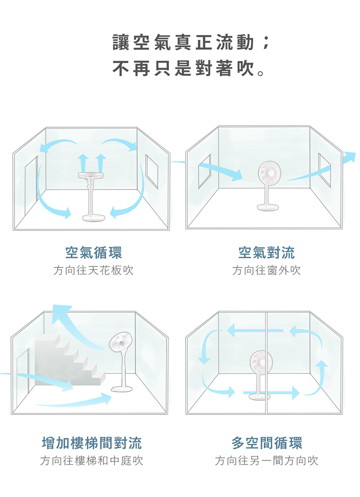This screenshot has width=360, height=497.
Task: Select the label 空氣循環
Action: point(94,252)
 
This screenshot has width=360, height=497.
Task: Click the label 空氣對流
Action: point(266,252)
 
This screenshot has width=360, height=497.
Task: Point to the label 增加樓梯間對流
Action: point(92,442)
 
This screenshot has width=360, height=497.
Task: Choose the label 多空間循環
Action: point(267,442)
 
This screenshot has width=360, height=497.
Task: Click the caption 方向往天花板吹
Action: point(93,271)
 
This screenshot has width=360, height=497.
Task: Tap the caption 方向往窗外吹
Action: point(266,271)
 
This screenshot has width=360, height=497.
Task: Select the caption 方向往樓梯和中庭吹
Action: point(92,461)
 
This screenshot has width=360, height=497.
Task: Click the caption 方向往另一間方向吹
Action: point(266,461)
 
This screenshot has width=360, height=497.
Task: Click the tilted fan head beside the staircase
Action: point(120,343)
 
